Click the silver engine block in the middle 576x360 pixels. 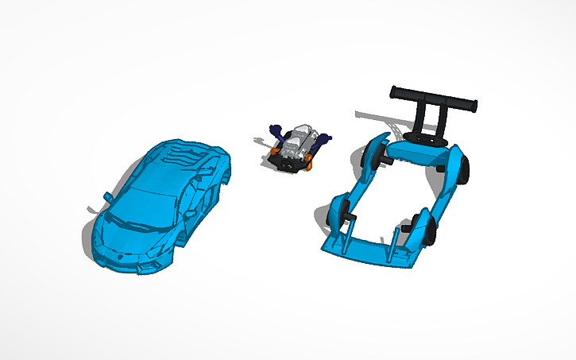298,143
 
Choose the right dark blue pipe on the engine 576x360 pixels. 322,141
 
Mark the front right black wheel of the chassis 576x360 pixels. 430,231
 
